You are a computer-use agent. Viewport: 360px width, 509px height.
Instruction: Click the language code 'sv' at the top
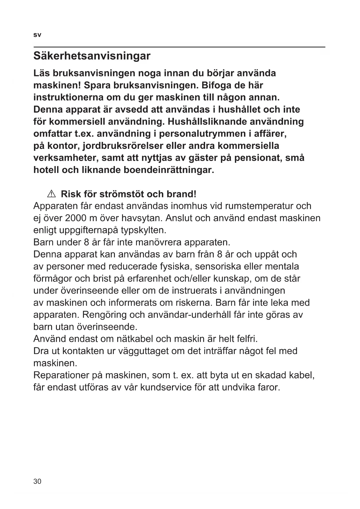coord(37,35)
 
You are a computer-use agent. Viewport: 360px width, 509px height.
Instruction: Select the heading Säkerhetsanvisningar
coord(92,56)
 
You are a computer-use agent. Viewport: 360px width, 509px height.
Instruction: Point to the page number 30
coord(37,481)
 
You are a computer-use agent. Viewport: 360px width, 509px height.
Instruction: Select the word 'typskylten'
coord(143,230)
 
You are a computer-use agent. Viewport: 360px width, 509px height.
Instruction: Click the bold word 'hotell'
coord(46,170)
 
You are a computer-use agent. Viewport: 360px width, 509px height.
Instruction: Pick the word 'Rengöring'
coord(104,315)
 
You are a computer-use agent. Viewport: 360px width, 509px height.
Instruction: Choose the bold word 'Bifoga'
coord(218,86)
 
